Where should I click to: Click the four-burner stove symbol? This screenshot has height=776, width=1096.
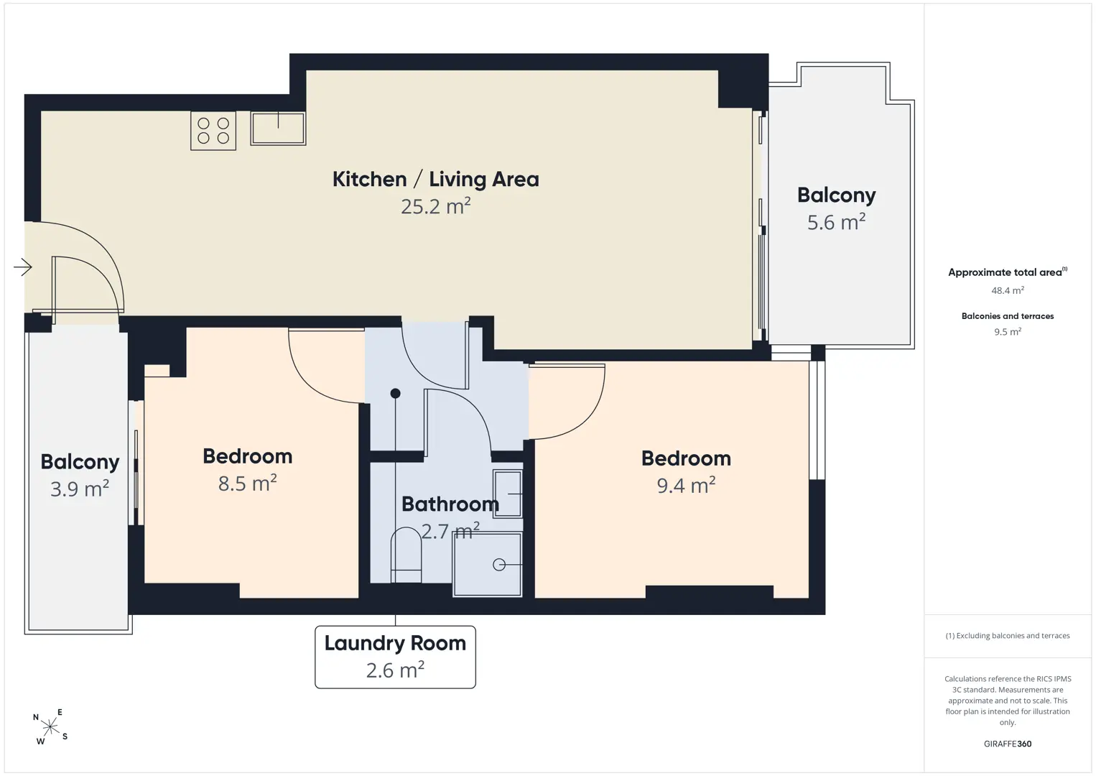(x=213, y=131)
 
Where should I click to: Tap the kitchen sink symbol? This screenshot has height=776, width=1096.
(x=278, y=129)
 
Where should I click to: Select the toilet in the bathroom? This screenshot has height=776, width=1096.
(x=406, y=555)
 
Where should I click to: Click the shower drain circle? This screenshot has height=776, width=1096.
(x=499, y=565)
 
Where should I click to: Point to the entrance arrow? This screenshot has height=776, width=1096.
(x=22, y=267)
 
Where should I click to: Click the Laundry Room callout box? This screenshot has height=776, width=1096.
(x=395, y=657)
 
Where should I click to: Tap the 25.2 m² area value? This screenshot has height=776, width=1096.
(x=435, y=206)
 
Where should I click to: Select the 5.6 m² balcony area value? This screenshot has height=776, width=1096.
(x=836, y=222)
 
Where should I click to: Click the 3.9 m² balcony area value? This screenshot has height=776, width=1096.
(x=80, y=489)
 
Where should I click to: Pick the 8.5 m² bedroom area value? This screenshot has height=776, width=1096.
(x=248, y=483)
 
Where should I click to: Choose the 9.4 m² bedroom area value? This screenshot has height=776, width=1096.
(x=686, y=485)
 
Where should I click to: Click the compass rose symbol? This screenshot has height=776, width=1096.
(x=50, y=727)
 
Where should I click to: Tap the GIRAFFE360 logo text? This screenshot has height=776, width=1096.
(x=1008, y=744)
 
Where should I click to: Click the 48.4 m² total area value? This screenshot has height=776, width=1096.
(x=1008, y=290)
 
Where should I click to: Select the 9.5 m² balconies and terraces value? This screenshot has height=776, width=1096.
(x=1008, y=331)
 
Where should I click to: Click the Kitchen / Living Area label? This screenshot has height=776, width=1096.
(x=435, y=179)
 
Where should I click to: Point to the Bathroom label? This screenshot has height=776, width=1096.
(x=450, y=504)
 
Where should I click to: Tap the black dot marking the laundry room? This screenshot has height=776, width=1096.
(x=395, y=393)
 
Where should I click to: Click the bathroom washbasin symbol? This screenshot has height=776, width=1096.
(x=507, y=494)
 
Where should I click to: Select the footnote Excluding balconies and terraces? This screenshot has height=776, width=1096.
(x=1008, y=635)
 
